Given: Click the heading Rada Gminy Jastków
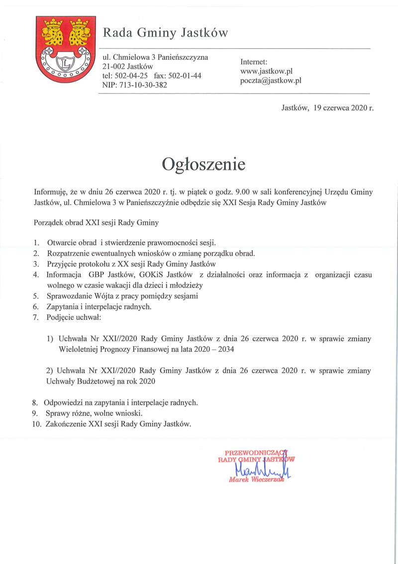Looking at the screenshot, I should click(x=165, y=33).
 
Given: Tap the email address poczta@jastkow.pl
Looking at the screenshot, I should click(x=271, y=80).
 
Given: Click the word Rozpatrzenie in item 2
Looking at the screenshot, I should click(x=68, y=253).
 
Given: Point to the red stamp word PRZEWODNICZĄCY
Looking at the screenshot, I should click(x=257, y=452).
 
